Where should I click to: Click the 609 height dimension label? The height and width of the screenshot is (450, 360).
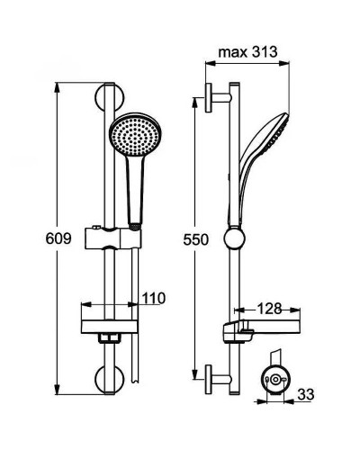58,239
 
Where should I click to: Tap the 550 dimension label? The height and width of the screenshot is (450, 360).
195,240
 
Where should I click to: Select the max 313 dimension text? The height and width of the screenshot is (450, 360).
247,52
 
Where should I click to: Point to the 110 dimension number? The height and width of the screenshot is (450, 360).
154,298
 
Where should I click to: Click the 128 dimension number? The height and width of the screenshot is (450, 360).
269,309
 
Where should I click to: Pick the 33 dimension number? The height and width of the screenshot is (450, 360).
306,394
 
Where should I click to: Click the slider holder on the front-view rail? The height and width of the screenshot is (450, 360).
112,238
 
